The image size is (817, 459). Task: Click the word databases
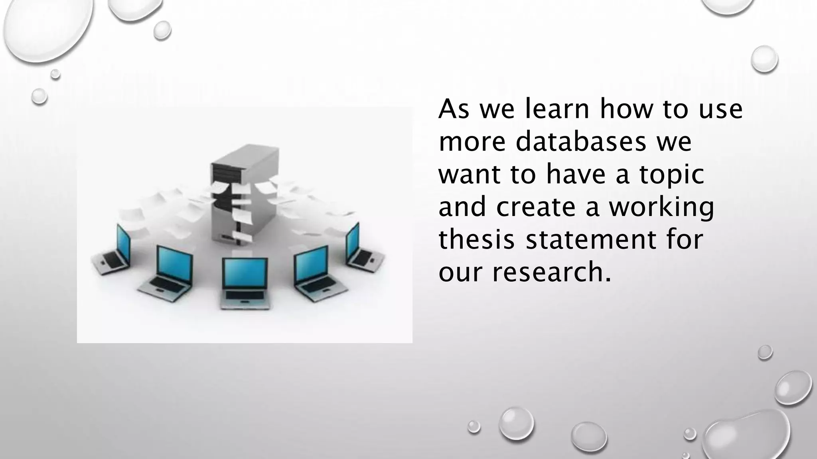point(580,142)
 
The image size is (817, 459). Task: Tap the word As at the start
point(454,109)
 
